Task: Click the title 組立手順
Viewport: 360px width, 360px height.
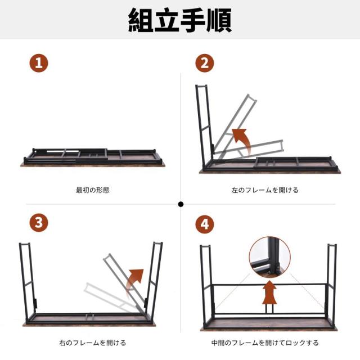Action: pyautogui.click(x=180, y=21)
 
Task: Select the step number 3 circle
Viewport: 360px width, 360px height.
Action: pyautogui.click(x=39, y=223)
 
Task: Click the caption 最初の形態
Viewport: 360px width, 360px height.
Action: pyautogui.click(x=93, y=190)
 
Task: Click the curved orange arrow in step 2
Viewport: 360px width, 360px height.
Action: pyautogui.click(x=241, y=139)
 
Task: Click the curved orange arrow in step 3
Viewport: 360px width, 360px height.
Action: pyautogui.click(x=136, y=280)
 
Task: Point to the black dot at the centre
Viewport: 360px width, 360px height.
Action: pyautogui.click(x=181, y=204)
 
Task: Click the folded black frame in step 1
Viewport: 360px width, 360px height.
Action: pyautogui.click(x=93, y=154)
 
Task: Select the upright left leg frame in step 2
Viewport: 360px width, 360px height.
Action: pyautogui.click(x=204, y=127)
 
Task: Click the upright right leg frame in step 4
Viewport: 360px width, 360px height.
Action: pyautogui.click(x=331, y=284)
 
